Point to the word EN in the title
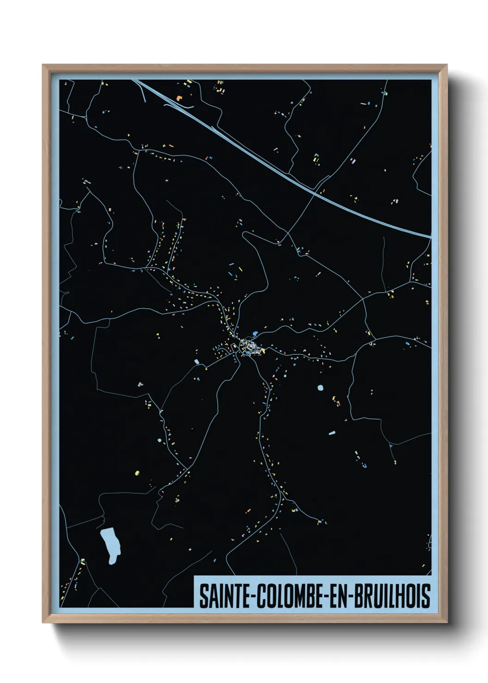[338, 596]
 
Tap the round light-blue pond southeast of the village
[321, 388]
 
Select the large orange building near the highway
[179, 98]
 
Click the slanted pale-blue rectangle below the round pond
[332, 433]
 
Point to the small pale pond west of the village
[196, 361]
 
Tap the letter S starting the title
[203, 596]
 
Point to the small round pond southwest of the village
[160, 441]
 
